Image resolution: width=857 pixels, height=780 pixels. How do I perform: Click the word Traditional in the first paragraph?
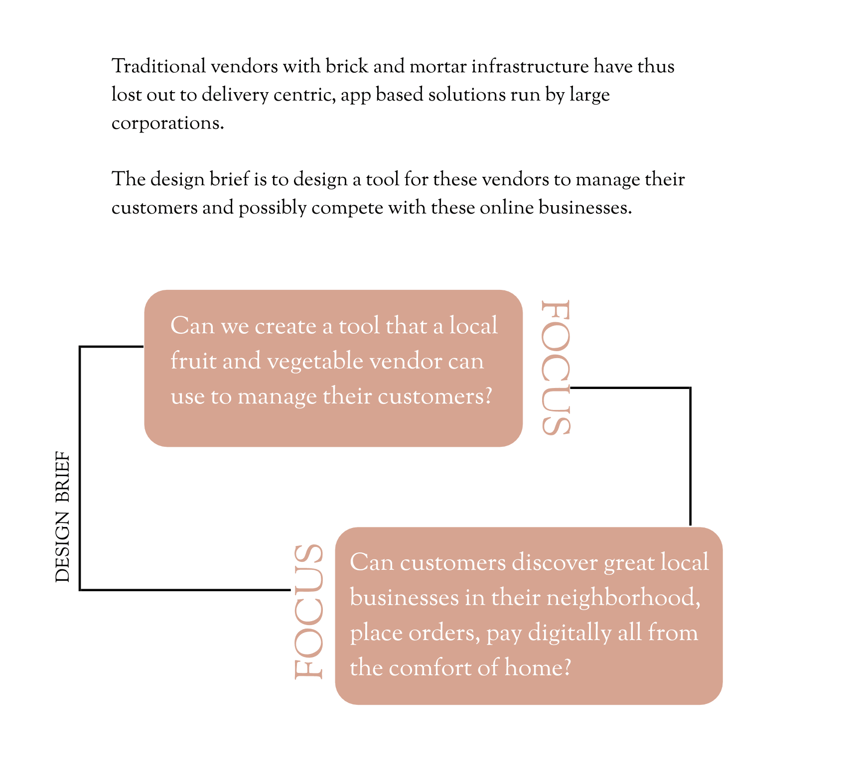pos(158,66)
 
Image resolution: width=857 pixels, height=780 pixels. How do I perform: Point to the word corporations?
pos(167,123)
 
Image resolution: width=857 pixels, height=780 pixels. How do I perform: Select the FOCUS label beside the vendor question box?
pos(555,368)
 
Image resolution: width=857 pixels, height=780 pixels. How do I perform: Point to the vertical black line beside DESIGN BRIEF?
pos(80,468)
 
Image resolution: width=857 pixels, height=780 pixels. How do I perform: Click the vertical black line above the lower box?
pos(690,456)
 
